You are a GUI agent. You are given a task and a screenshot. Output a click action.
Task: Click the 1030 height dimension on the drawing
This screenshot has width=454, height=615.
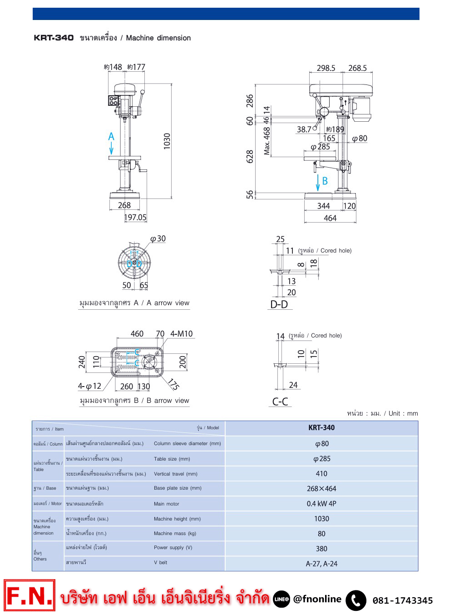point(167,141)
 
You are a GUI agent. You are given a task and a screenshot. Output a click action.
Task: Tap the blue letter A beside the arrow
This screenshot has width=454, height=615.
point(111,137)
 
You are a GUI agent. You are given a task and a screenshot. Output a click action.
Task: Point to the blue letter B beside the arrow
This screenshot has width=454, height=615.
point(325,181)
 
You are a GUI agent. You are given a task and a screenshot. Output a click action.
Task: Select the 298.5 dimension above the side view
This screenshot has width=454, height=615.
point(326,68)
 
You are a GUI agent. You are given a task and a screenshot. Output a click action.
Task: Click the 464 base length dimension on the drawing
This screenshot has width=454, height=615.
point(330,218)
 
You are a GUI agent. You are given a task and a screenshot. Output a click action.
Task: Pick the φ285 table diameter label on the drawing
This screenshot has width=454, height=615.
point(321,147)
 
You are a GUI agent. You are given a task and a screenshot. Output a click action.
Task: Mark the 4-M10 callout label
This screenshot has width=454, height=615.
point(181,334)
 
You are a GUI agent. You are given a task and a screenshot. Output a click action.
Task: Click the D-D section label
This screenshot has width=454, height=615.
point(279,304)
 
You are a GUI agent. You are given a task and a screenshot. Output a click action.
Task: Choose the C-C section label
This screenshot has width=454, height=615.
point(280,402)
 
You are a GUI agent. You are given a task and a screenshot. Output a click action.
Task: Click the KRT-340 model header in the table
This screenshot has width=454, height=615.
point(321,428)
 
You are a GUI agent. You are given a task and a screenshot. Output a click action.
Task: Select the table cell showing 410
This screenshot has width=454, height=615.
point(321,474)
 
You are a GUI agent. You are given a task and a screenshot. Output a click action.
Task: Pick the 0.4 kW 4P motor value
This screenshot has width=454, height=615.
point(321,504)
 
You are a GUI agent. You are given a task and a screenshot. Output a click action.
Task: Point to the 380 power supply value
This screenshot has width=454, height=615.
point(321,549)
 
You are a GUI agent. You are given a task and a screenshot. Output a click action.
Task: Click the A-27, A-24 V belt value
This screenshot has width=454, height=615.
point(321,564)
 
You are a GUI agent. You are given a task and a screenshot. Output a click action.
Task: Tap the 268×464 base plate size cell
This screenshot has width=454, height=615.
point(321,489)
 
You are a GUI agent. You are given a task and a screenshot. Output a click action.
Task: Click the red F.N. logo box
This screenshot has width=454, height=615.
point(30,595)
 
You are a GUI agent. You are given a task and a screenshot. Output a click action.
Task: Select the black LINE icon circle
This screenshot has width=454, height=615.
point(281,599)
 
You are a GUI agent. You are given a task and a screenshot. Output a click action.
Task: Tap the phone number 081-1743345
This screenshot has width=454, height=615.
point(403,600)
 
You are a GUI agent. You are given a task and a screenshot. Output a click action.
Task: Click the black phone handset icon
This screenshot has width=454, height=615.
point(356,600)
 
